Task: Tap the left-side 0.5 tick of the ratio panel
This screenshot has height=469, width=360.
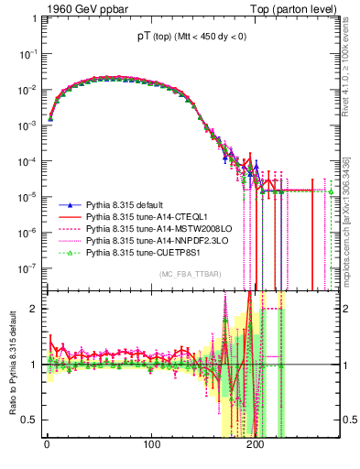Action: click(x=27, y=420)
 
